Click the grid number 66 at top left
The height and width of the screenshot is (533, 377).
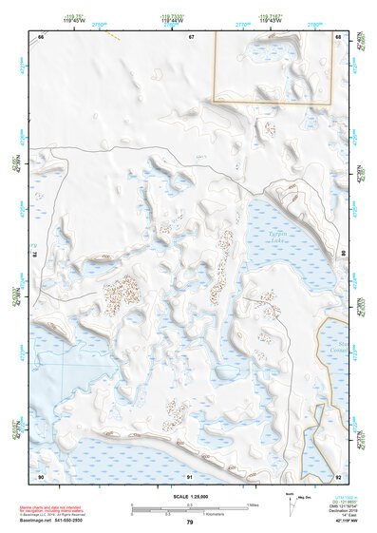pos(41,37)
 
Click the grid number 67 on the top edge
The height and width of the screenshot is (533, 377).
pos(191,37)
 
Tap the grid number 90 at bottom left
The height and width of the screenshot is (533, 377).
pos(41,476)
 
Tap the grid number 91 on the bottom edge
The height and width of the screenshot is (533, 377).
pos(191,476)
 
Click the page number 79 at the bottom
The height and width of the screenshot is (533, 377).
pos(190,523)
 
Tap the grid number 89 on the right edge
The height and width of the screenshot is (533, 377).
pos(343,256)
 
